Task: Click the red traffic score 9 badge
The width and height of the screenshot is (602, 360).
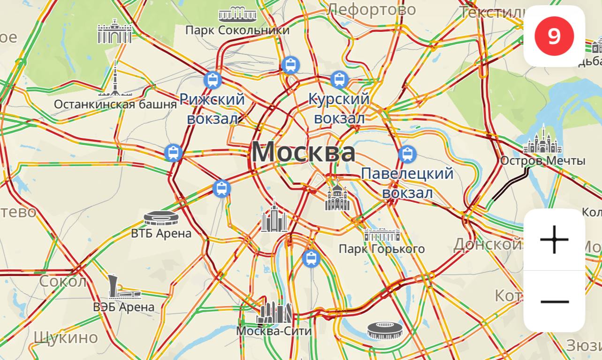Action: coord(554,36)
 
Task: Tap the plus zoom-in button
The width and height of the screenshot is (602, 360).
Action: coord(554,239)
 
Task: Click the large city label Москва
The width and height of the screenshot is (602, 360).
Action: coord(303,152)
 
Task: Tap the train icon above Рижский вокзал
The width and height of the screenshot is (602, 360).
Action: coord(213,80)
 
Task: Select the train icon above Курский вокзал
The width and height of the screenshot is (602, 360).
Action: coord(339,80)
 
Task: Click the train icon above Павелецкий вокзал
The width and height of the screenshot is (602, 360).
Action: coord(407,154)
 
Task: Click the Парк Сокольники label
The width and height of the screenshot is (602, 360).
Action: coord(237,30)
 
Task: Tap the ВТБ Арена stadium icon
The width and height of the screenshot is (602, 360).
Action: coord(161,218)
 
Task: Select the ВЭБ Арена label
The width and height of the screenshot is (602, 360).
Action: coord(124,307)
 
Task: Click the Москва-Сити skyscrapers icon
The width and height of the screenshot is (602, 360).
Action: coord(274,311)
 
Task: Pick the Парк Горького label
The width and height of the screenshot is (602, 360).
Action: coord(381,249)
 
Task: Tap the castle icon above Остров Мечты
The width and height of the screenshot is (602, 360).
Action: coord(542,141)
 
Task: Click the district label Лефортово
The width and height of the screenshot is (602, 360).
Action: coord(372,9)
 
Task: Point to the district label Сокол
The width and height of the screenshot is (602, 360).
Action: coord(63,282)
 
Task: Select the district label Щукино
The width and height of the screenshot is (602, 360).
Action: coord(66,337)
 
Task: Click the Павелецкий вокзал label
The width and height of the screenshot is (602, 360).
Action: coord(407,183)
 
